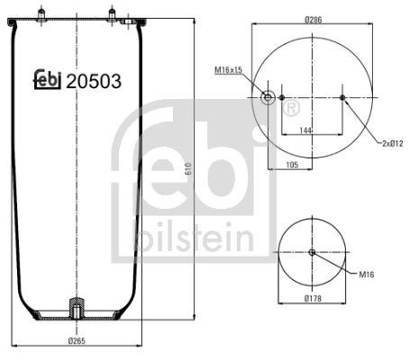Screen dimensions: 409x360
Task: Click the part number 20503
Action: [94, 81]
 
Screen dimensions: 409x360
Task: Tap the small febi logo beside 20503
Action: [48, 79]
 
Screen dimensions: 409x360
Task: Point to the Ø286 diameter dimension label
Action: [313, 20]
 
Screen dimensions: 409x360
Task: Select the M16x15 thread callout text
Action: [228, 70]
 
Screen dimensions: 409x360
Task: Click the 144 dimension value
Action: [305, 130]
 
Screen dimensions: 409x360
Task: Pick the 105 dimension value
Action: [292, 165]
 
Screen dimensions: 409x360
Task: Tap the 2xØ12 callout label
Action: [392, 143]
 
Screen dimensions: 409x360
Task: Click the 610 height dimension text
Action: [188, 168]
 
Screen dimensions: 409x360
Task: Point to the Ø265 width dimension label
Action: [77, 341]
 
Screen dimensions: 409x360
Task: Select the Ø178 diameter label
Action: [313, 298]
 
